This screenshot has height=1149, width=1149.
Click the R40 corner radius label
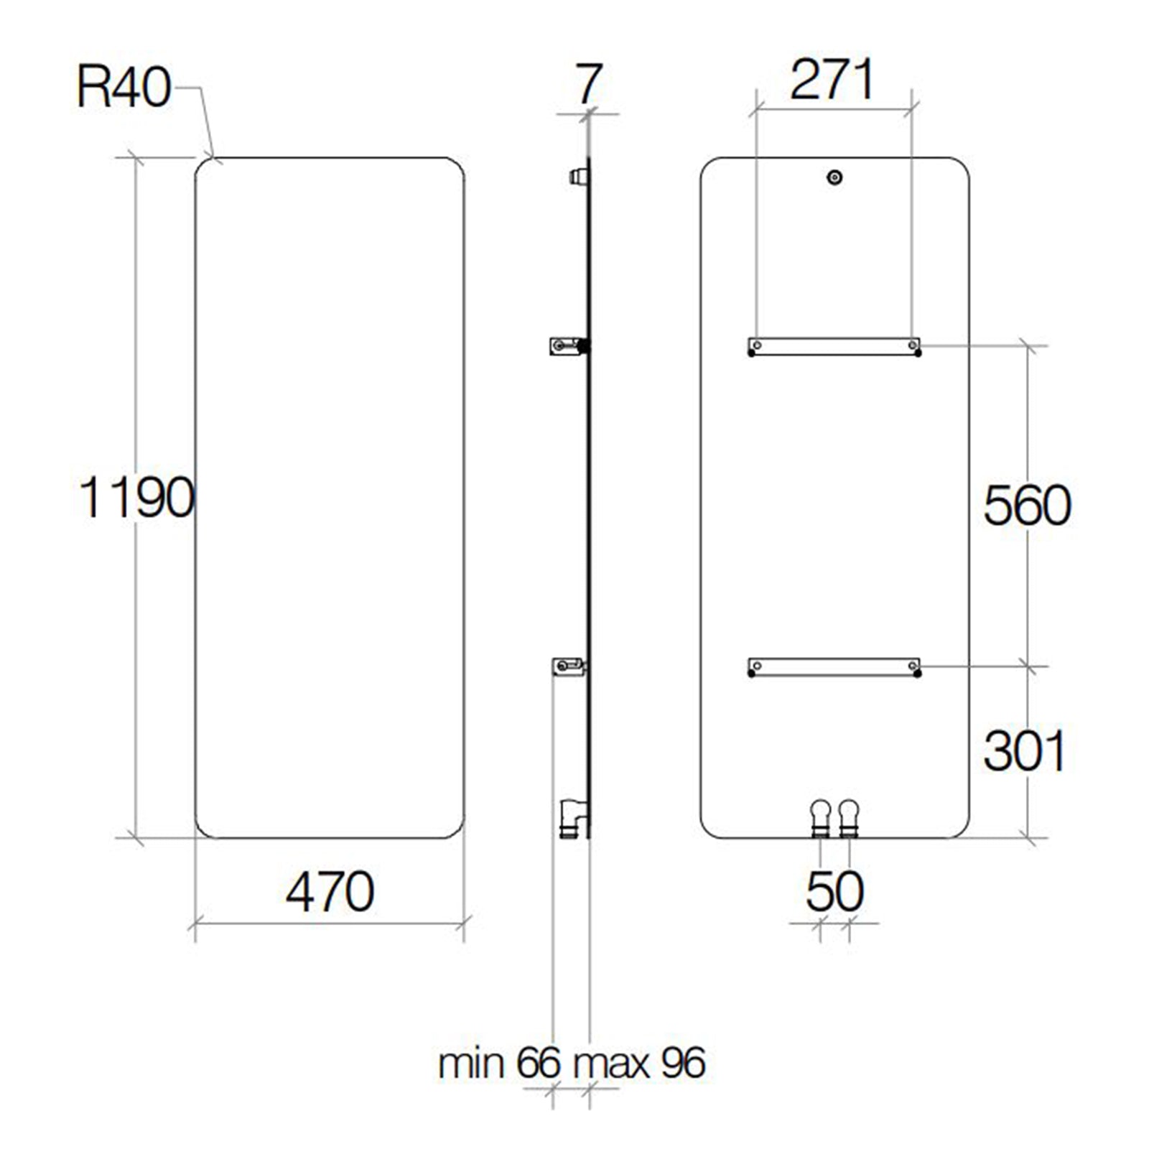click(x=124, y=89)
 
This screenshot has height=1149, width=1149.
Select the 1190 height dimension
click(x=136, y=497)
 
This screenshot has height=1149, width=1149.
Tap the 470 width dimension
click(x=330, y=892)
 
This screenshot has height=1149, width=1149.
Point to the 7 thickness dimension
click(x=588, y=85)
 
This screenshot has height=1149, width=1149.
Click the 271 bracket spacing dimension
click(x=832, y=80)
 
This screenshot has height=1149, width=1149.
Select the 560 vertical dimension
click(x=1027, y=505)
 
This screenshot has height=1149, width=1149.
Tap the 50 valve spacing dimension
click(x=834, y=892)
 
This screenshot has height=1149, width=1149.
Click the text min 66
click(x=498, y=1063)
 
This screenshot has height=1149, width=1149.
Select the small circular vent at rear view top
click(x=834, y=177)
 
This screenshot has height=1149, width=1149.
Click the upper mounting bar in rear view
click(x=834, y=346)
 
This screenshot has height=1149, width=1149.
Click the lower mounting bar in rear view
click(x=834, y=667)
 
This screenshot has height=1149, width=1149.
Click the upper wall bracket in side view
click(x=567, y=346)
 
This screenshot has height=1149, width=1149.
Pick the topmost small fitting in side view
click(x=577, y=176)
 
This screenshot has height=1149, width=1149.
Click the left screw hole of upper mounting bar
click(x=756, y=345)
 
